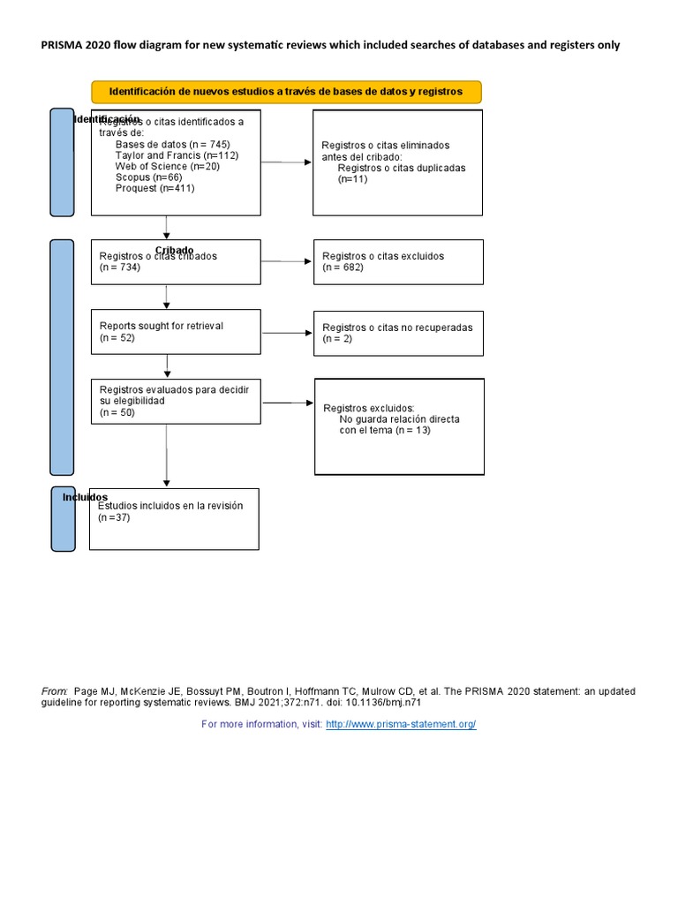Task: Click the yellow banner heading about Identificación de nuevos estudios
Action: (x=286, y=92)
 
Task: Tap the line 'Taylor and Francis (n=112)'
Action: (x=177, y=155)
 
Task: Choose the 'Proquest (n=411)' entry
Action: (x=155, y=188)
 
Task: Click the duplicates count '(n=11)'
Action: (x=353, y=178)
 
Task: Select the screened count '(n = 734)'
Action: (x=120, y=267)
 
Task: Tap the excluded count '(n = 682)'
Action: (x=343, y=267)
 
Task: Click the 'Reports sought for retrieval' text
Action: (x=162, y=326)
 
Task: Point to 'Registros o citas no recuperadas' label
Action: (x=397, y=327)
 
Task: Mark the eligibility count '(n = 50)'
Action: (x=117, y=411)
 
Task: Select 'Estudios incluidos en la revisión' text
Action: (x=170, y=506)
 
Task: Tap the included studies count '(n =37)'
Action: (x=114, y=517)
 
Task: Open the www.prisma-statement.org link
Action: (x=401, y=724)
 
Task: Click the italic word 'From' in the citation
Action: (x=54, y=691)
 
